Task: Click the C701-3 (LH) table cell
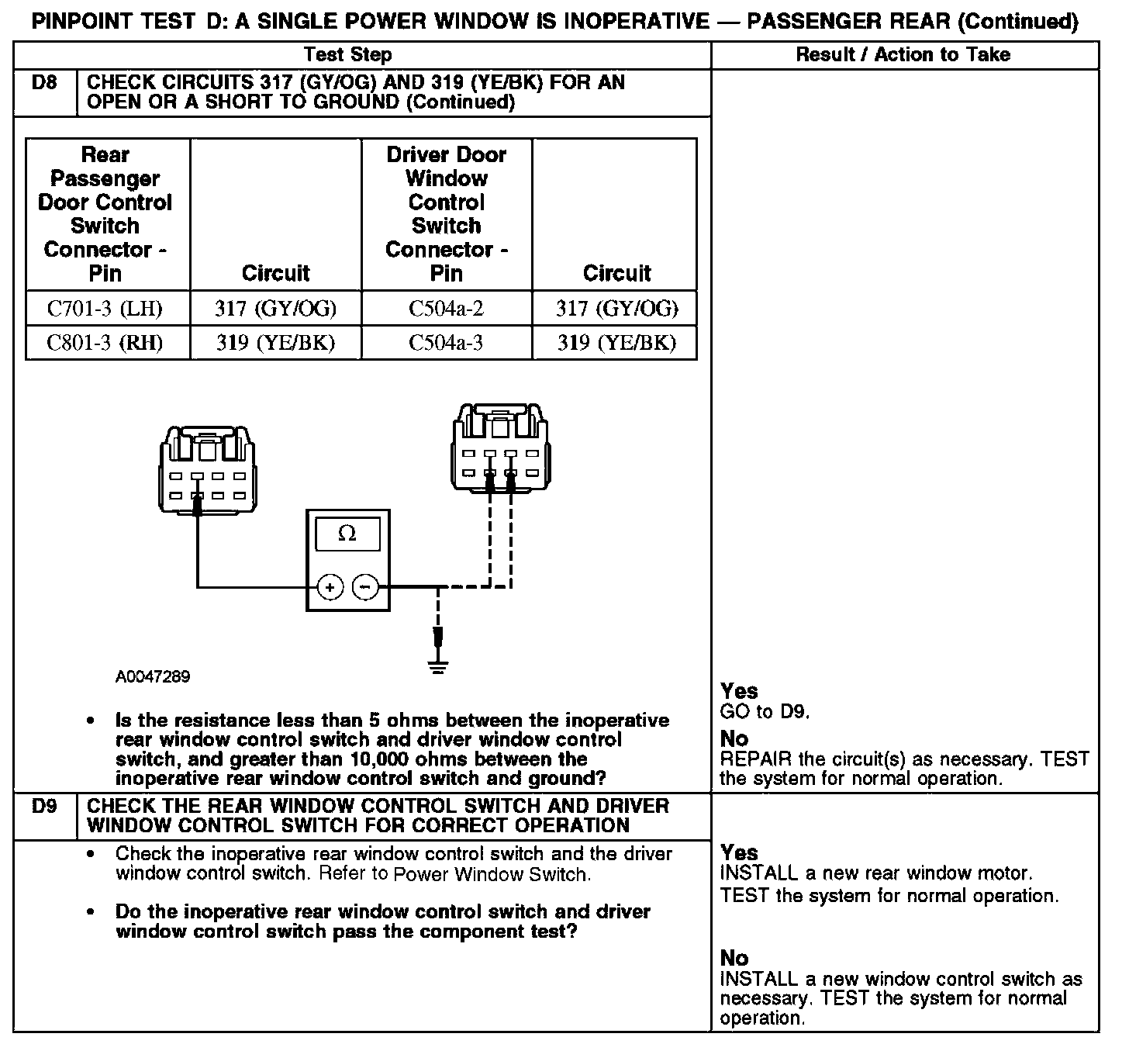point(105,309)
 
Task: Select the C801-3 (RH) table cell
point(105,343)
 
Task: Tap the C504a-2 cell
point(446,309)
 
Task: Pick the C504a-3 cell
point(446,343)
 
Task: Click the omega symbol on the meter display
point(347,534)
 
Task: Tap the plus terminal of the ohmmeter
point(330,587)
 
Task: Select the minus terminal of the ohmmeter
point(366,587)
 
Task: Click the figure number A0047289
point(153,676)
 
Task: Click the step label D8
point(45,83)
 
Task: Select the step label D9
point(45,807)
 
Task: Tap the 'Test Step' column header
point(347,54)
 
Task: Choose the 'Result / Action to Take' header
point(903,54)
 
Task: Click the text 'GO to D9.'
point(765,712)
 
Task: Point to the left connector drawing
point(208,470)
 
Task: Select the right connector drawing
point(500,448)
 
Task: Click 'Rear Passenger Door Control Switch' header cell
point(105,213)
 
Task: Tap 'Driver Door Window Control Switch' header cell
point(446,213)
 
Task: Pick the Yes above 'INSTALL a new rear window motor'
point(739,852)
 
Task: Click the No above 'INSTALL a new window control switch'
point(734,958)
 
